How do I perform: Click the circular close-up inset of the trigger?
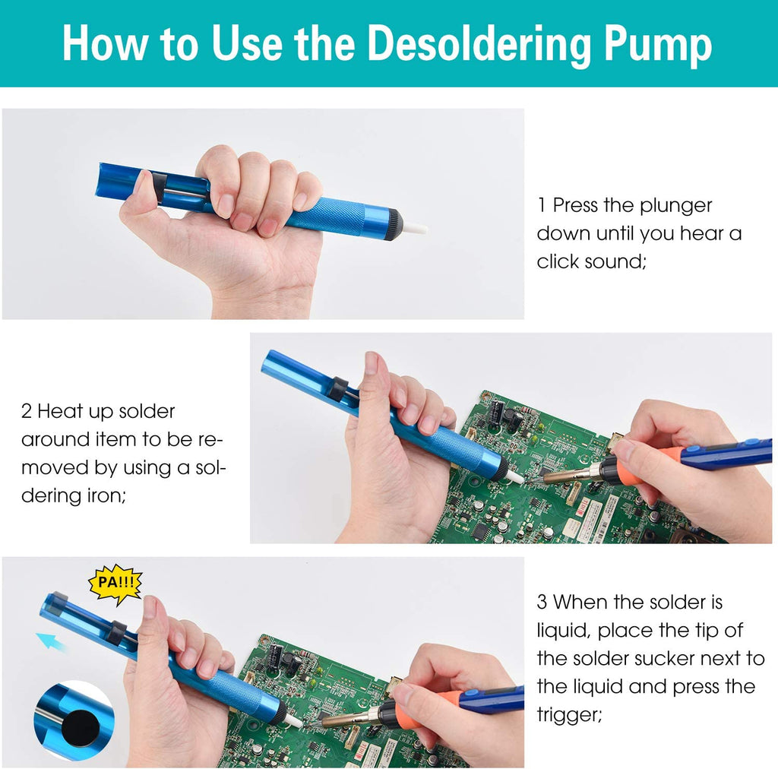(x=74, y=720)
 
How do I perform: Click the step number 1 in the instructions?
(x=542, y=205)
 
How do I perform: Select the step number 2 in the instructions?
(x=27, y=411)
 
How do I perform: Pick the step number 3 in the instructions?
(x=542, y=603)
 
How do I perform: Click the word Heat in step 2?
(x=60, y=411)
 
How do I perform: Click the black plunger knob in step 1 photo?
(x=160, y=185)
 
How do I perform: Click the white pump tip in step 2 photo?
(x=515, y=477)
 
